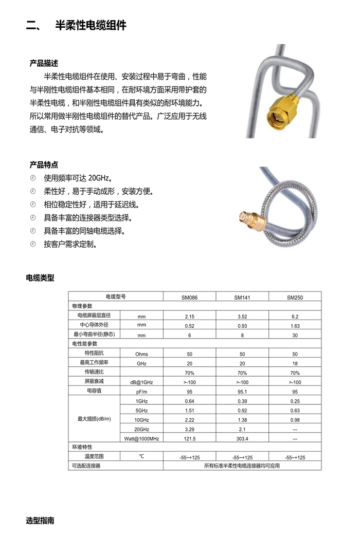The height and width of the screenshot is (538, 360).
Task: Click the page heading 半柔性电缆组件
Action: (x=91, y=26)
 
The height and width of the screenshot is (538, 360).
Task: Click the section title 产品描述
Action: (x=44, y=63)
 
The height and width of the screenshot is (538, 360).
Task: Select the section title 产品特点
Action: (x=44, y=165)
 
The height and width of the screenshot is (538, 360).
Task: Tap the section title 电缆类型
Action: (x=40, y=278)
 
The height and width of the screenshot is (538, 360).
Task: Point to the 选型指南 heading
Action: (x=40, y=521)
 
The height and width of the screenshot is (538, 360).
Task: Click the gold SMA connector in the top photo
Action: (x=282, y=109)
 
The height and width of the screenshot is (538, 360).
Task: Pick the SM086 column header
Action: (x=189, y=297)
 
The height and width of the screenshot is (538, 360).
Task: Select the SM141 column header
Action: (x=242, y=297)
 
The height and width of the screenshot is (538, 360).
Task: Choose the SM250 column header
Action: (x=295, y=297)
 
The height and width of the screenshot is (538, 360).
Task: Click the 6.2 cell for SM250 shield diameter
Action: (x=295, y=316)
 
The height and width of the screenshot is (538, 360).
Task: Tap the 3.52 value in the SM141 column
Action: (x=242, y=316)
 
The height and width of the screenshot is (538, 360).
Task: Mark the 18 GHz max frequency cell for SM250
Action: (x=295, y=363)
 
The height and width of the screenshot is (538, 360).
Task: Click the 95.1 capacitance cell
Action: (x=242, y=392)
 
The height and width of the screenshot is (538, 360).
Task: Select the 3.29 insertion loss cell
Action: (x=189, y=429)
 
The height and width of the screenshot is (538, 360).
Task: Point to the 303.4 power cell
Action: (x=242, y=439)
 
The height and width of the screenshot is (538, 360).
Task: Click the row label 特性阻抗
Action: (x=94, y=354)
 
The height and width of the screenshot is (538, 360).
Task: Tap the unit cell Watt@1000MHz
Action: (x=141, y=439)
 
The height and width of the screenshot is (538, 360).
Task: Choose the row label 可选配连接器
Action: (x=85, y=466)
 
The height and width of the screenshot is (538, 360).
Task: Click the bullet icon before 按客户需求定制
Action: (x=33, y=244)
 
